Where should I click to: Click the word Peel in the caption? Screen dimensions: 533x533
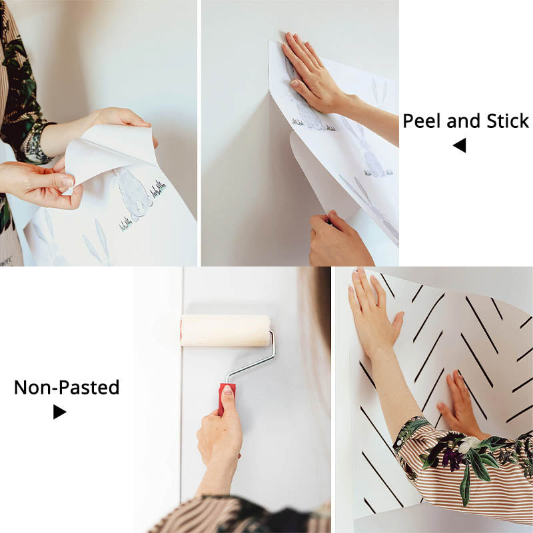pos(421,121)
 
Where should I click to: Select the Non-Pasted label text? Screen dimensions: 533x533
pos(67,387)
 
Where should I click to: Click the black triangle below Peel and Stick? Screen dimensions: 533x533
pos(460,145)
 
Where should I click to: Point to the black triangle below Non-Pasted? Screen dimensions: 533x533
pos(59,412)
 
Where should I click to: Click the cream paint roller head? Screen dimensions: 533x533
pos(225,330)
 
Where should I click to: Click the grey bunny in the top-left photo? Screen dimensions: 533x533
pos(133,193)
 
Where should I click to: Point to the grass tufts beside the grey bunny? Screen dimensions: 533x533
pos(157,191)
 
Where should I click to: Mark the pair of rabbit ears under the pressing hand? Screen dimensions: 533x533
pos(380,90)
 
